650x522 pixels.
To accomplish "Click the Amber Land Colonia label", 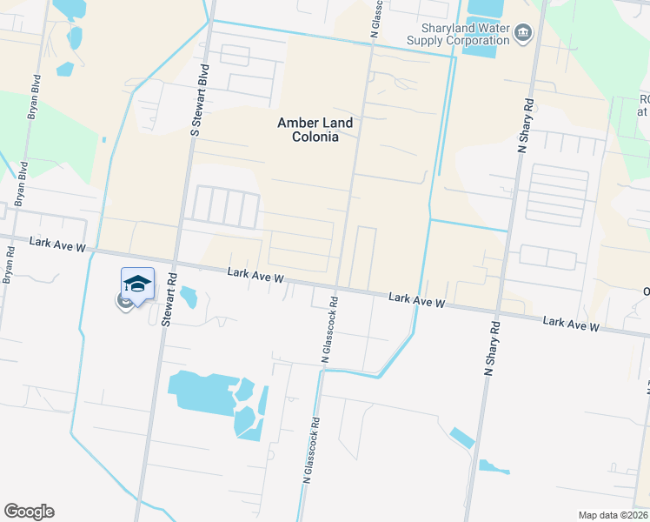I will (308, 130).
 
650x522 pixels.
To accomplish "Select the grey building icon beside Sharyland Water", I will (522, 34).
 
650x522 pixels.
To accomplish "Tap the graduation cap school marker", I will (137, 283).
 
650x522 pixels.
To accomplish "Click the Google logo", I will (29, 512).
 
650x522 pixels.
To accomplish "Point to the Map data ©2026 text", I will (613, 515).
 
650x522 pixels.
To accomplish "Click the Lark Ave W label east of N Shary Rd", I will (571, 325).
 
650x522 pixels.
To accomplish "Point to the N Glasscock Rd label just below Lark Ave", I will (328, 331).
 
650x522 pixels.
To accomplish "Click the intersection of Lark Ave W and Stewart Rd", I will (176, 264).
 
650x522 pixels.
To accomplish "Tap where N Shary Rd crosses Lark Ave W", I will (498, 309).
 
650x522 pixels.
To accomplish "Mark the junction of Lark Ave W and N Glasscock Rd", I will (337, 287).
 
